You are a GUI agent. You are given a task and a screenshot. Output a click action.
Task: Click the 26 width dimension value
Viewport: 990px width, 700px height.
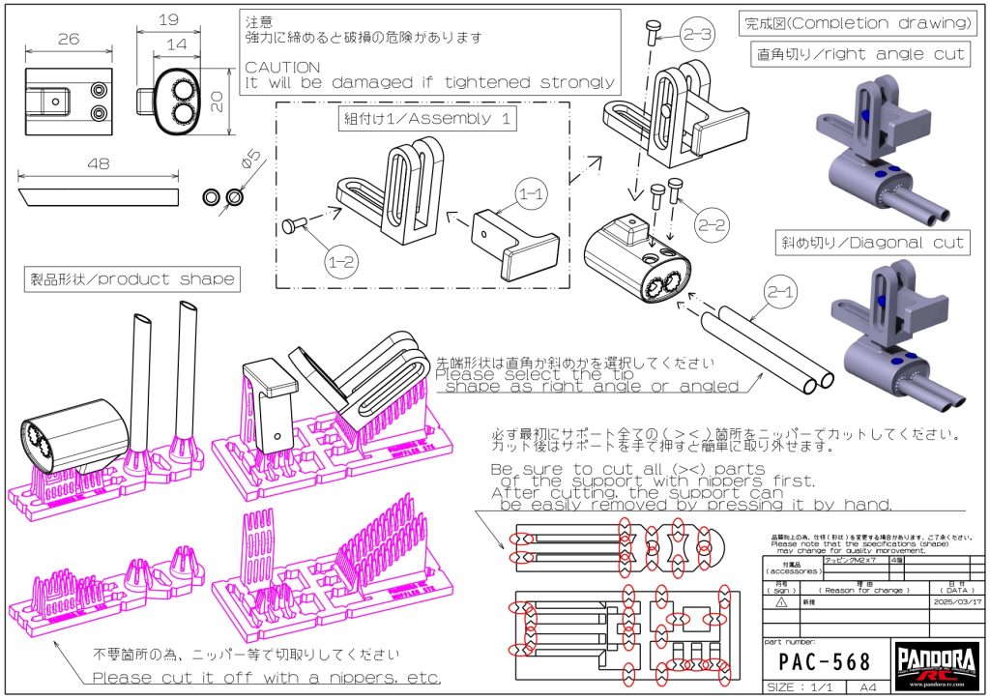(x=68, y=40)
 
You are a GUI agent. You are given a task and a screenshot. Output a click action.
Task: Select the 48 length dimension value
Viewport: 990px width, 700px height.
(x=98, y=164)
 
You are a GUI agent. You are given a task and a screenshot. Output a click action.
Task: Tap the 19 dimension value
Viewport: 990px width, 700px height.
(x=169, y=19)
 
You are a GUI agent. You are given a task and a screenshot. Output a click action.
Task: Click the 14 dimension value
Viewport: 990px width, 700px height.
(x=175, y=44)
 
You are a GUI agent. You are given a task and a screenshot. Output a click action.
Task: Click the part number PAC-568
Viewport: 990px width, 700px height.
(x=825, y=662)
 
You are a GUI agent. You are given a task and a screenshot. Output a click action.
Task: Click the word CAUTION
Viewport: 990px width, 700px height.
(x=282, y=68)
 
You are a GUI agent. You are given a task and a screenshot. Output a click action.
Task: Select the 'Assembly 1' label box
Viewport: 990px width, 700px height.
(x=425, y=120)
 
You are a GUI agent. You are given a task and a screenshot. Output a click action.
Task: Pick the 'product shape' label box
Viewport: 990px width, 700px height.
(x=132, y=279)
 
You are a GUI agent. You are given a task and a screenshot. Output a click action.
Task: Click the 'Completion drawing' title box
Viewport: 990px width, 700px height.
(x=855, y=23)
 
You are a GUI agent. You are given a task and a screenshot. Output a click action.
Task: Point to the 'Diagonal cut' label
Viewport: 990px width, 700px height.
(x=872, y=243)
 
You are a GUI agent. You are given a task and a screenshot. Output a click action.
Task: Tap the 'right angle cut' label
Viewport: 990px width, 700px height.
(x=859, y=54)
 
